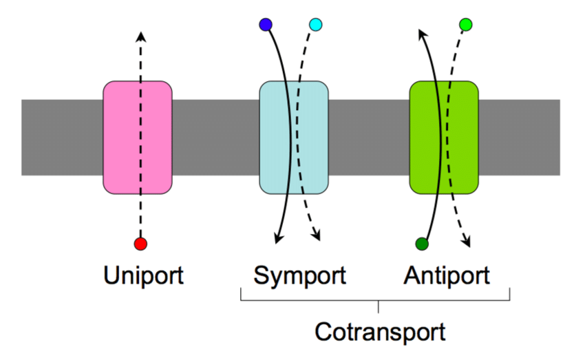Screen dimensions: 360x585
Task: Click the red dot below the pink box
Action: [140, 244]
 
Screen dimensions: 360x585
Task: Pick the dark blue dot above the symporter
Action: [266, 25]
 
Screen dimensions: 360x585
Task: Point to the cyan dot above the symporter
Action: [316, 25]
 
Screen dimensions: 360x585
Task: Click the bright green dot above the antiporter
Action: [466, 25]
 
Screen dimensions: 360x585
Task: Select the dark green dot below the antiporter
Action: [423, 244]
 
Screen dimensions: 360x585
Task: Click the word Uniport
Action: [144, 276]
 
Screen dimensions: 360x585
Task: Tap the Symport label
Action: [299, 276]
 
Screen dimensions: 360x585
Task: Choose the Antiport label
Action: [447, 276]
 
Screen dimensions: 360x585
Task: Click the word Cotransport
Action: [380, 332]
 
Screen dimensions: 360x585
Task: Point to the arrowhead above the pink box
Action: [140, 34]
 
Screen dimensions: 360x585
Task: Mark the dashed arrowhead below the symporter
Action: [318, 237]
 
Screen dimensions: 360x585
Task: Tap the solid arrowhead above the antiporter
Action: [422, 32]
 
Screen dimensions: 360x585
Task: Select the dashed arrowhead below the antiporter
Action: [467, 242]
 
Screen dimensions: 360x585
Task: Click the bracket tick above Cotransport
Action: [378, 306]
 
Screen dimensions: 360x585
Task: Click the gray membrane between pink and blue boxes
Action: [215, 138]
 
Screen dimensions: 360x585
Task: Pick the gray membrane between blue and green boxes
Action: [369, 138]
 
